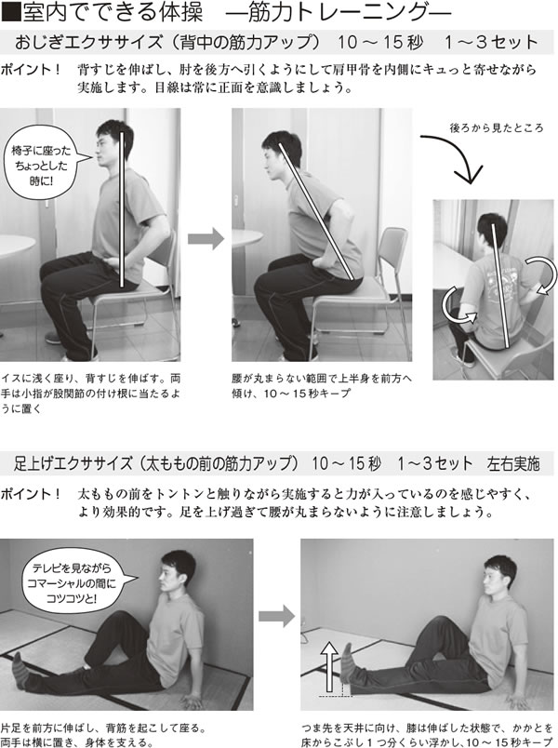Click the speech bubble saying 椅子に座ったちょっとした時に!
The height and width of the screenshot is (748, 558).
pos(42,163)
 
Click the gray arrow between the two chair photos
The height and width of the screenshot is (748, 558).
pos(206,238)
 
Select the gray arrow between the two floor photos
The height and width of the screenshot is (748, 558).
pos(276,616)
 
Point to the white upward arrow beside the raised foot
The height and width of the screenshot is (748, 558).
pos(329,666)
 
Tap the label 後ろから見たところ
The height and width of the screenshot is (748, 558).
pos(497,127)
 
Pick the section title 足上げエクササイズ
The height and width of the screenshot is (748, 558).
pos(73,463)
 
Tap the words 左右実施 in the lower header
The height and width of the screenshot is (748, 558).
pos(513,463)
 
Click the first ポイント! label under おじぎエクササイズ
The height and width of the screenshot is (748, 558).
pos(31,70)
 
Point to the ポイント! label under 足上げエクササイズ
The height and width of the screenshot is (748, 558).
pos(31,494)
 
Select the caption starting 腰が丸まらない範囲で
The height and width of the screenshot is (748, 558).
pos(322,386)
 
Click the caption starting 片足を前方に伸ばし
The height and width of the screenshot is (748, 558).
pos(103,735)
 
